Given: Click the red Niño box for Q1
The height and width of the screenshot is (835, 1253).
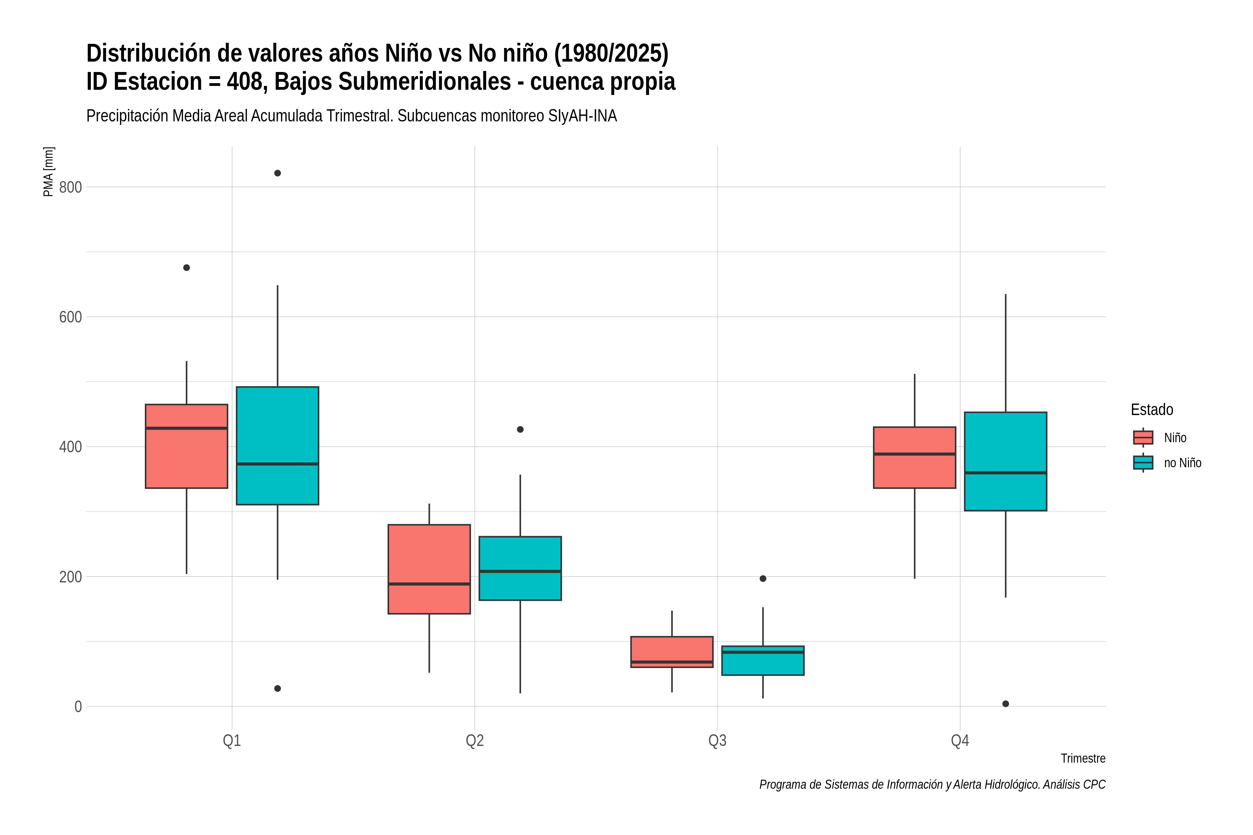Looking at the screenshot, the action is [187, 446].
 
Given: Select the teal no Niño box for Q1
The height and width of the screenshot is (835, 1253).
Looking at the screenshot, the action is [277, 446].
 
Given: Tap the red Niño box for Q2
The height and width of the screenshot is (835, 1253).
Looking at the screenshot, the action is [430, 569].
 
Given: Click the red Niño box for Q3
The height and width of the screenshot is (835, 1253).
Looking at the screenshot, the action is [672, 652].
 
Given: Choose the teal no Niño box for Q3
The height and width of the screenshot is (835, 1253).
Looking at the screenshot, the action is [763, 661].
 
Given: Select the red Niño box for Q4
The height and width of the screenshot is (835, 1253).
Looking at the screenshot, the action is [915, 458].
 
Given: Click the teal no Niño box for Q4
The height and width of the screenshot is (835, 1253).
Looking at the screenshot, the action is [1006, 461].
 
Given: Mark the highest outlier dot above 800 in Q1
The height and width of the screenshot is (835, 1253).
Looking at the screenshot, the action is [277, 173].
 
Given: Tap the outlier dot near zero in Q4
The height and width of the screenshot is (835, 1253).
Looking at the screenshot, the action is [1006, 704].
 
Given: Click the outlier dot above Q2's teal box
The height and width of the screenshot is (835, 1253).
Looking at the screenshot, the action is [520, 430].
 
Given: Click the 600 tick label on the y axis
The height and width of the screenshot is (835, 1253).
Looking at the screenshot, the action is [70, 317].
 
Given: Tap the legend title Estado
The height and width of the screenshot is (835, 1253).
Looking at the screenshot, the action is [1152, 409].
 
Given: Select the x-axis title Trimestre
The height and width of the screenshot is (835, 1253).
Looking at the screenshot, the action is [1083, 758].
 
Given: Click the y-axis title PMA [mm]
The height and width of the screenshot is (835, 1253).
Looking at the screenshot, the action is [48, 172].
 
